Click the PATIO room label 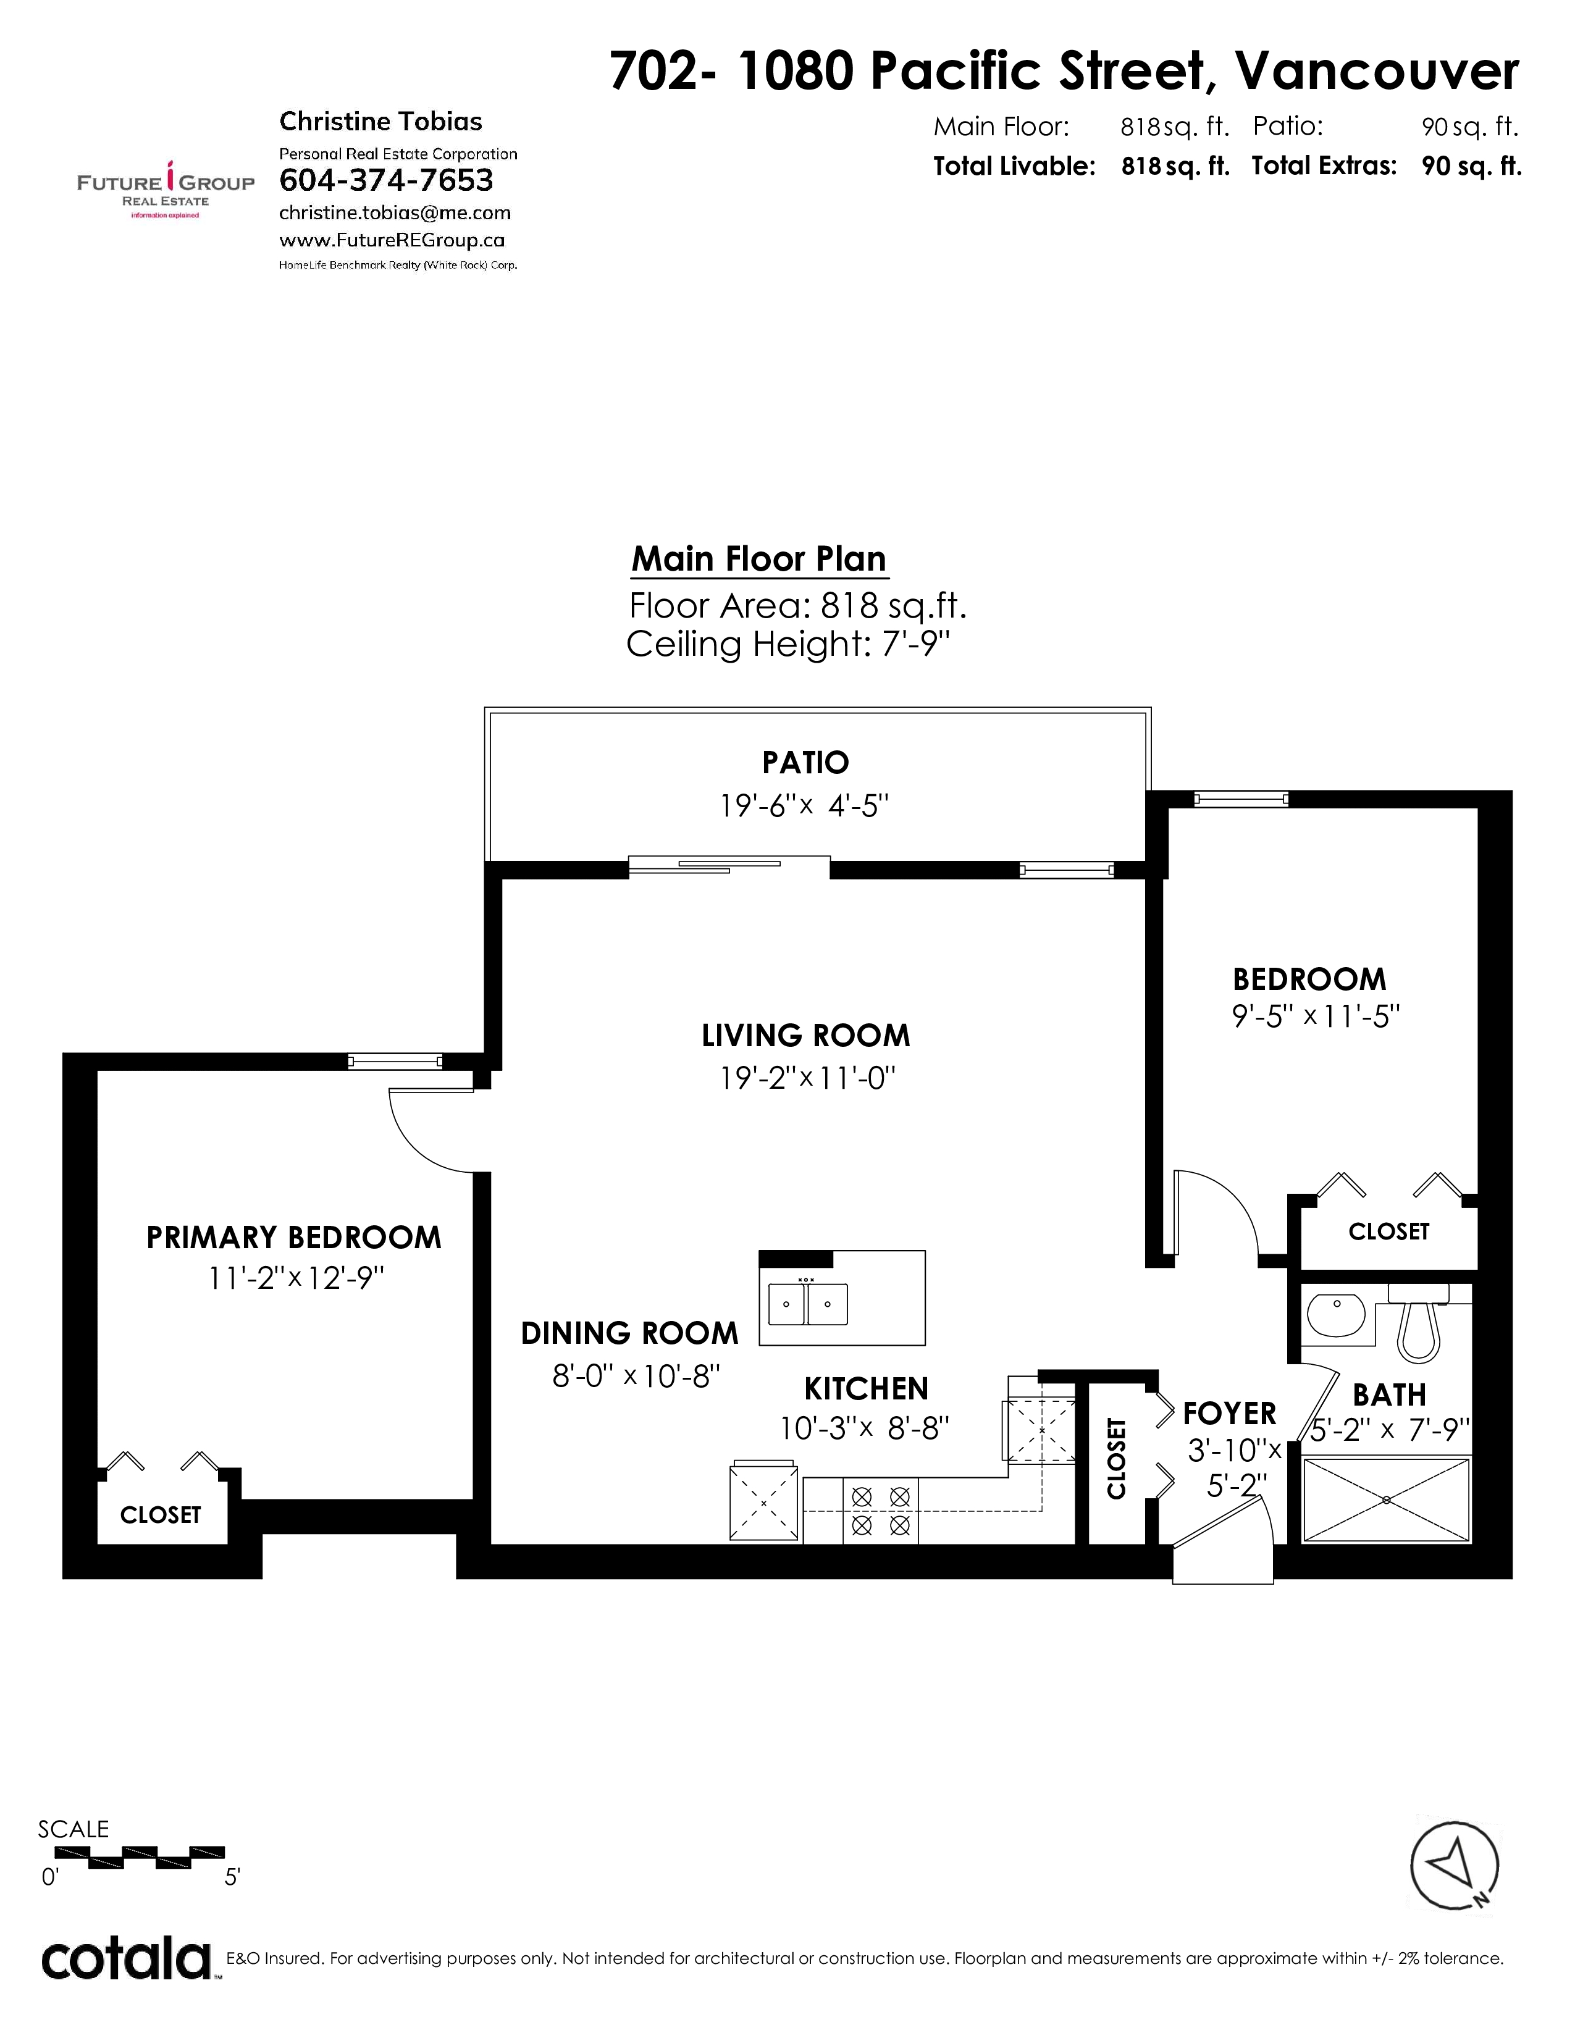(x=805, y=762)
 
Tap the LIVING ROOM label (x=805, y=1035)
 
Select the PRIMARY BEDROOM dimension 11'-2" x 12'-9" (x=296, y=1278)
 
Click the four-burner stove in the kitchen (x=881, y=1510)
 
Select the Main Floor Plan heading (x=758, y=559)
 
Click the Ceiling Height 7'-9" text (x=789, y=644)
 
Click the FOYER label (x=1229, y=1414)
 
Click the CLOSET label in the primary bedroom (x=161, y=1514)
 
